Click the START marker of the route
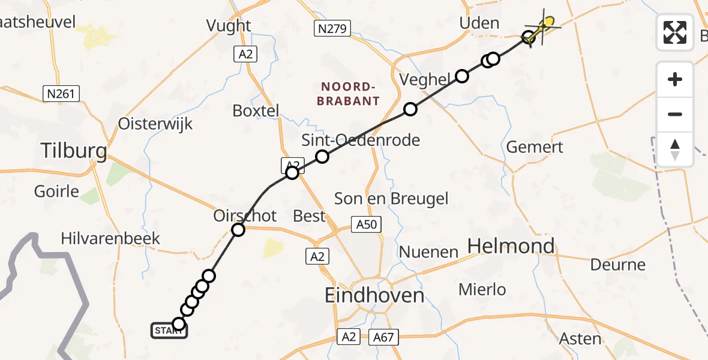168,330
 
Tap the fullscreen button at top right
675,32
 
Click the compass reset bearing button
675,149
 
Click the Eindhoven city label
374,295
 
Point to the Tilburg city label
74,151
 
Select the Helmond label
511,246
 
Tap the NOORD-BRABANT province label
349,94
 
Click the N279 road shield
332,28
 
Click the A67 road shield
383,337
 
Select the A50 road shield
366,224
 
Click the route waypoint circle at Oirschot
238,229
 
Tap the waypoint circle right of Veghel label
461,76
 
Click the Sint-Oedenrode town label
360,140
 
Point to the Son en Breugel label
391,199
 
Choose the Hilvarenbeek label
110,238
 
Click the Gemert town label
535,147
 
